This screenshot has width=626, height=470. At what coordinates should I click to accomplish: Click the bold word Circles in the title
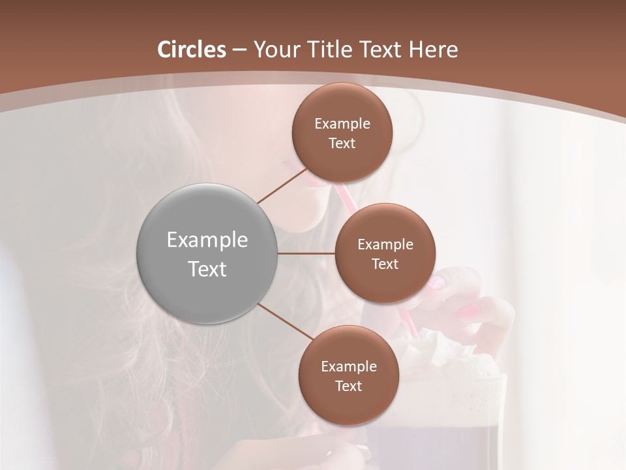[x=191, y=50]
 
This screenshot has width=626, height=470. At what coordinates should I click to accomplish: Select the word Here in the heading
[x=433, y=50]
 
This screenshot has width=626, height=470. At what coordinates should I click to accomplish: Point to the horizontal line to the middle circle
[x=306, y=253]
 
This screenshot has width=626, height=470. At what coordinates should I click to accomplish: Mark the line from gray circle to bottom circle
[x=286, y=321]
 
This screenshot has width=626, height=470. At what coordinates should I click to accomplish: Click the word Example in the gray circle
[x=207, y=240]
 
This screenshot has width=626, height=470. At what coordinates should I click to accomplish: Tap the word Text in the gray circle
[x=207, y=269]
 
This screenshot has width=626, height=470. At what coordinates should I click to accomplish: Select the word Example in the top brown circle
[x=342, y=124]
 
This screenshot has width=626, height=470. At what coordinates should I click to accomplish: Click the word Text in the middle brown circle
[x=385, y=264]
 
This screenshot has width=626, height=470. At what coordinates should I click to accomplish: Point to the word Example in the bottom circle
[x=349, y=367]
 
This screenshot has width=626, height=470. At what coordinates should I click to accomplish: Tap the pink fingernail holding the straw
[x=436, y=282]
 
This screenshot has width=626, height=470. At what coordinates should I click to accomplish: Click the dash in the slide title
[x=239, y=50]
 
